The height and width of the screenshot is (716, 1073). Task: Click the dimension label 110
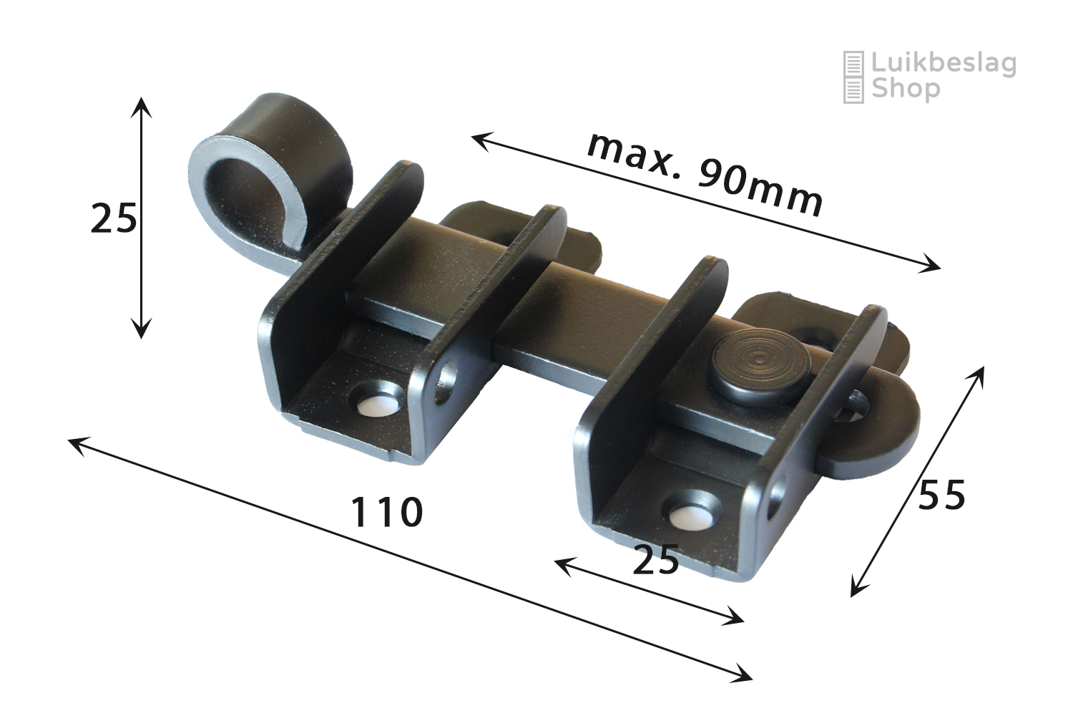pos(386,513)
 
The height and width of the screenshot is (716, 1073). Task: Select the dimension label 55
pos(941,495)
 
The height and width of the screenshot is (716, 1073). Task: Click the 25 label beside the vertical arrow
pos(114,218)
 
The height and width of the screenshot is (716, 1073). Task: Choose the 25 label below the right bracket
pos(655,559)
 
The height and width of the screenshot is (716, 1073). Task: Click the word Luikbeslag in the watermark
pos(944,64)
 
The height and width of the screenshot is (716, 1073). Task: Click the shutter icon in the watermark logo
pos(853,77)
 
